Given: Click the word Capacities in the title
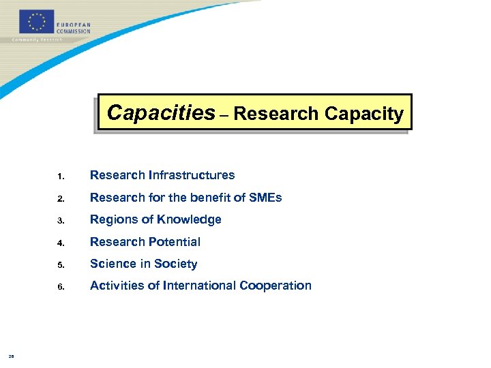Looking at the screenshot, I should (x=161, y=112).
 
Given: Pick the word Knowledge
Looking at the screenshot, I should (x=188, y=220).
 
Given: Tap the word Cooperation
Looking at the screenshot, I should (x=276, y=286).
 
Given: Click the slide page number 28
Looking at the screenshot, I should (x=12, y=356).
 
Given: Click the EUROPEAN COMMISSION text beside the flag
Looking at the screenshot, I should (x=74, y=27).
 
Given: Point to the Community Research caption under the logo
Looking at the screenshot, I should (x=38, y=40).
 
